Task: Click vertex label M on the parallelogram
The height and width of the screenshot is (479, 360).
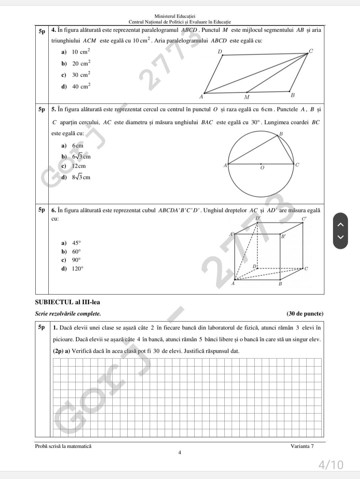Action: point(247,97)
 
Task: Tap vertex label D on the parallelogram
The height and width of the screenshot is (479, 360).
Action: point(220,51)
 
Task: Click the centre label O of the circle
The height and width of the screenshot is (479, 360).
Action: point(262,168)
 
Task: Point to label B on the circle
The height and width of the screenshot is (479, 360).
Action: point(281,134)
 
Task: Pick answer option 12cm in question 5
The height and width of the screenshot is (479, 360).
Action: point(79,166)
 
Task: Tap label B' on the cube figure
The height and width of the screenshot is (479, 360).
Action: point(283,237)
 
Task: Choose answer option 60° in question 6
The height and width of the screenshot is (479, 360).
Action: point(76,252)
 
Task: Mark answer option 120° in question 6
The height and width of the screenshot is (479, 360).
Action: point(77,269)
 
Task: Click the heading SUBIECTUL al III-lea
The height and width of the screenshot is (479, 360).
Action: point(67,302)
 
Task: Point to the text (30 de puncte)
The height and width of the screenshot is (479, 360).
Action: point(305,314)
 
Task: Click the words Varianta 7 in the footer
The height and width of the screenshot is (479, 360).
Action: point(302,446)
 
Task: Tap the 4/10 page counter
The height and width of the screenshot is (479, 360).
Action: point(331,464)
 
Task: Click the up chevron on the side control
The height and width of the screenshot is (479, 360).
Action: point(340,225)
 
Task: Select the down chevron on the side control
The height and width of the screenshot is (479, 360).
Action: point(340,237)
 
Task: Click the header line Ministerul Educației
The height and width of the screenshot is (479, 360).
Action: point(175,16)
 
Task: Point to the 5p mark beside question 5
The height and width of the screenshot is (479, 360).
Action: point(42,109)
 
